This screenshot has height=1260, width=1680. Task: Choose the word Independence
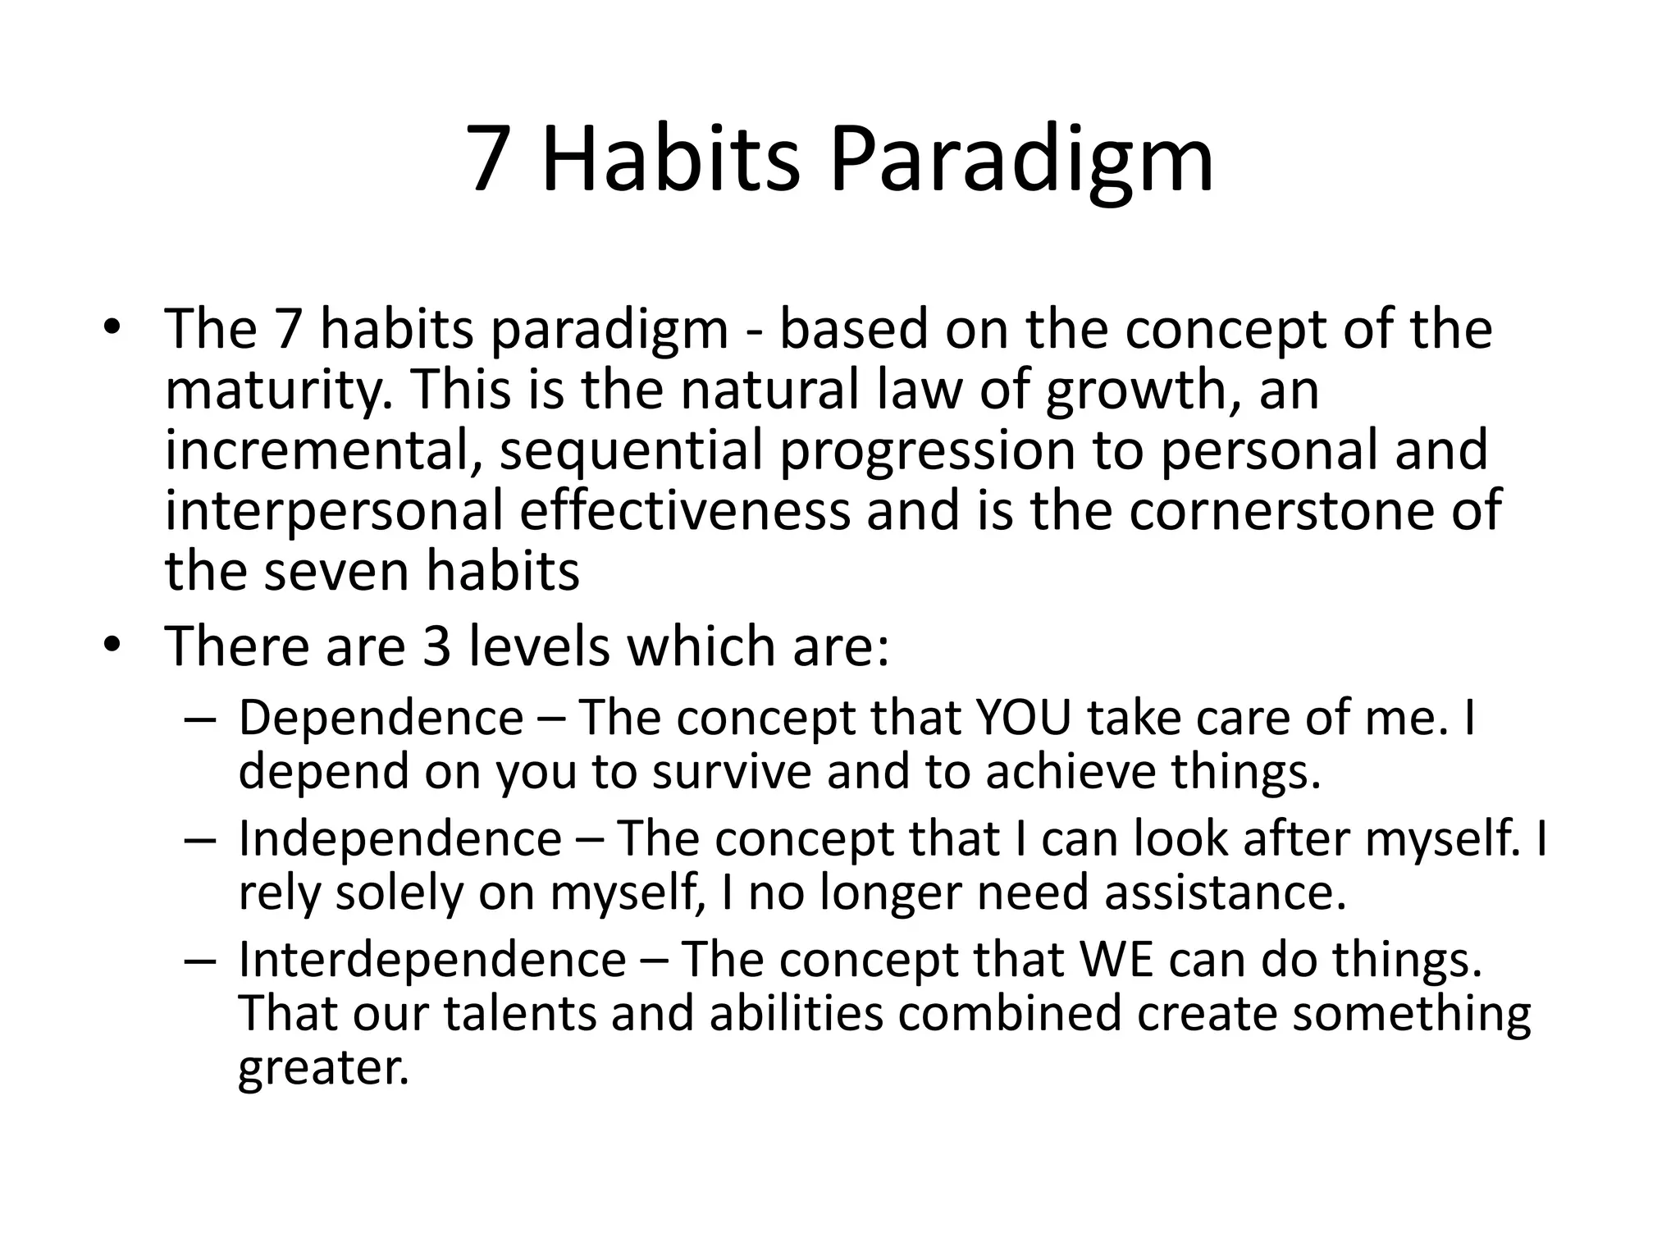pyautogui.click(x=400, y=839)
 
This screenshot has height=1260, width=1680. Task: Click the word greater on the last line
pyautogui.click(x=322, y=1069)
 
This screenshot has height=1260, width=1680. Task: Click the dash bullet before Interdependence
pyautogui.click(x=200, y=961)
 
